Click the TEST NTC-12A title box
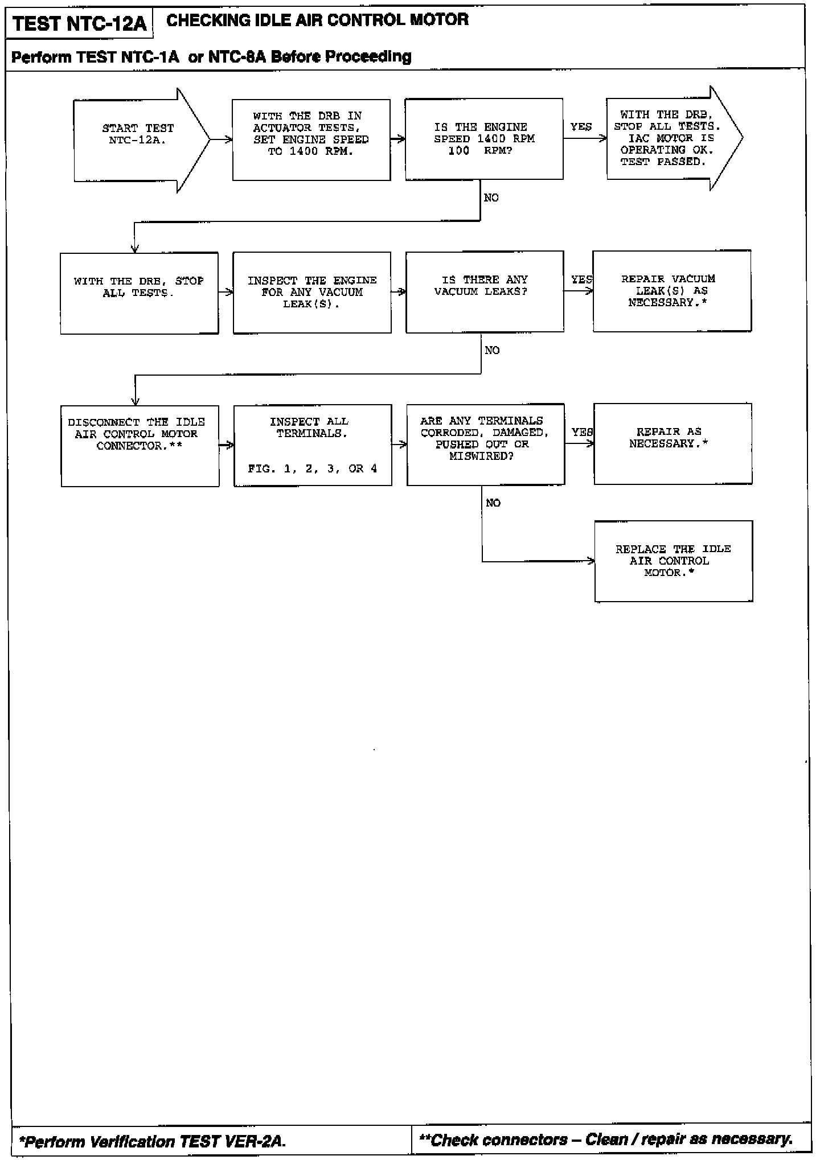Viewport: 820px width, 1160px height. coord(79,23)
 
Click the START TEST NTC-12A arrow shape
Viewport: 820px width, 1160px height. coord(138,140)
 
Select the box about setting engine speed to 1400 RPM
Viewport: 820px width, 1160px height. coord(311,140)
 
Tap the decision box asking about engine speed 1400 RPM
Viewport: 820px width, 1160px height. coord(484,139)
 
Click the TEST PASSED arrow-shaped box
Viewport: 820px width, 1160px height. coord(666,138)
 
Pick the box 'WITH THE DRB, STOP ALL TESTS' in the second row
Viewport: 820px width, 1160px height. coord(139,293)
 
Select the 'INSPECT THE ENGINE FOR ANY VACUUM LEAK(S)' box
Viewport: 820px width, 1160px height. coord(312,293)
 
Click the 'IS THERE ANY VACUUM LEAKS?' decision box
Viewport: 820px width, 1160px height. coord(485,291)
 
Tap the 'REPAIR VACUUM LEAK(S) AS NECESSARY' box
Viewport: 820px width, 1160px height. coord(672,291)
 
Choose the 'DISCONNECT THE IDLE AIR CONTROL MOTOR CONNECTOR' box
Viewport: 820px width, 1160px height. coord(140,446)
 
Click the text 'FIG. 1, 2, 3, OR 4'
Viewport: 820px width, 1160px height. coord(313,469)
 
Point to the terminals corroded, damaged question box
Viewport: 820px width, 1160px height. coord(485,445)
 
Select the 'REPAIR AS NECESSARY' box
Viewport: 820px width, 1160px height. coord(673,444)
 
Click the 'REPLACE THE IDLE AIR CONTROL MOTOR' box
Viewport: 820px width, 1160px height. coord(673,561)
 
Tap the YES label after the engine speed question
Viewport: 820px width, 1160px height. coord(581,127)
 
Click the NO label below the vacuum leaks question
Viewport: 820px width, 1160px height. coord(492,351)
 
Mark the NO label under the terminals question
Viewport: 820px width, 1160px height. coord(493,503)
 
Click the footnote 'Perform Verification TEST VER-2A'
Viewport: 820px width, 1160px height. coord(153,1142)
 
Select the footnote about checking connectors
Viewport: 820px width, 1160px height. coord(606,1140)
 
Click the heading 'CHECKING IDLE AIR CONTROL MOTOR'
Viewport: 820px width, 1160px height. coord(317,20)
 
